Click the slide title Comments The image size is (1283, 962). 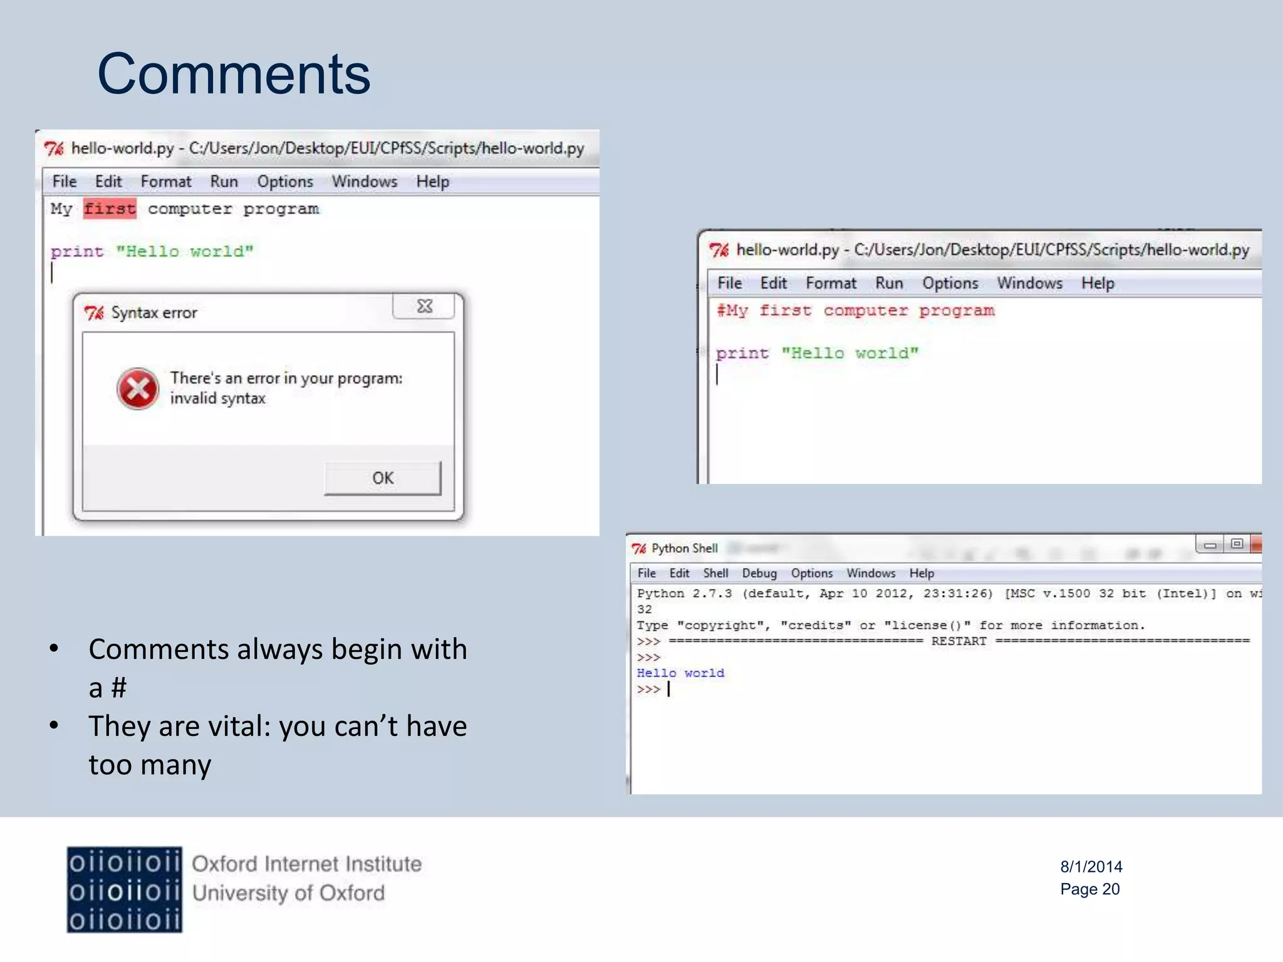(x=234, y=74)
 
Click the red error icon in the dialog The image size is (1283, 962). (x=138, y=388)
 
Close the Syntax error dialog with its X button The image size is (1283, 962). (x=424, y=306)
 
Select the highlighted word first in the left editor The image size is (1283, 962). (x=110, y=209)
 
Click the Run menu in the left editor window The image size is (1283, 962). (x=224, y=182)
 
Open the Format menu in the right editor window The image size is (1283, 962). (x=831, y=283)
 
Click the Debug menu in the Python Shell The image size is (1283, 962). (x=759, y=573)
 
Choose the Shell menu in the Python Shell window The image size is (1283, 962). (x=715, y=573)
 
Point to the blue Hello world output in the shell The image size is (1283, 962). (x=680, y=673)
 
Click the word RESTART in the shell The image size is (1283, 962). (x=958, y=641)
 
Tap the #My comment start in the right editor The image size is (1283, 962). (x=732, y=311)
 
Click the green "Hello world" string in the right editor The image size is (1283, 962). (x=849, y=353)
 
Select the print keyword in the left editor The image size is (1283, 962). (x=76, y=252)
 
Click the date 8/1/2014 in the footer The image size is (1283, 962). (x=1091, y=867)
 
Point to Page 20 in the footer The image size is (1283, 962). (x=1089, y=889)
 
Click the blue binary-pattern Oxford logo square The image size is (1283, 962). (x=125, y=890)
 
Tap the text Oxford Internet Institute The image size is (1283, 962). (x=306, y=864)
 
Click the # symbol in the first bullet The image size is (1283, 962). (x=119, y=688)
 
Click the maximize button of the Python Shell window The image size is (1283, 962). (x=1236, y=544)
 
